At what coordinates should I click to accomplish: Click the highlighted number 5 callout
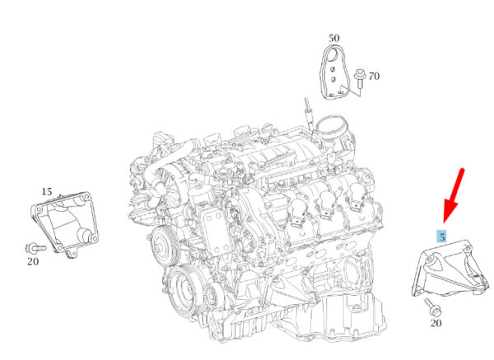pos(442,236)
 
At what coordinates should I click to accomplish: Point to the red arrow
pos(453,195)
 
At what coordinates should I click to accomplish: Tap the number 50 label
pos(334,38)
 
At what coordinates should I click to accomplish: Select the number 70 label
pos(374,76)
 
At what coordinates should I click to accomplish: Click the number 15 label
pos(47,191)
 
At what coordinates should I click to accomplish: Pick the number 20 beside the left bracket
pos(33,261)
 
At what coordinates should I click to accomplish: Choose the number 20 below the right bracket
pos(436,323)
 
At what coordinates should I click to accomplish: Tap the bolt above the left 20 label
pos(35,249)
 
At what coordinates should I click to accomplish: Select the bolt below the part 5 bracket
pos(433,307)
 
